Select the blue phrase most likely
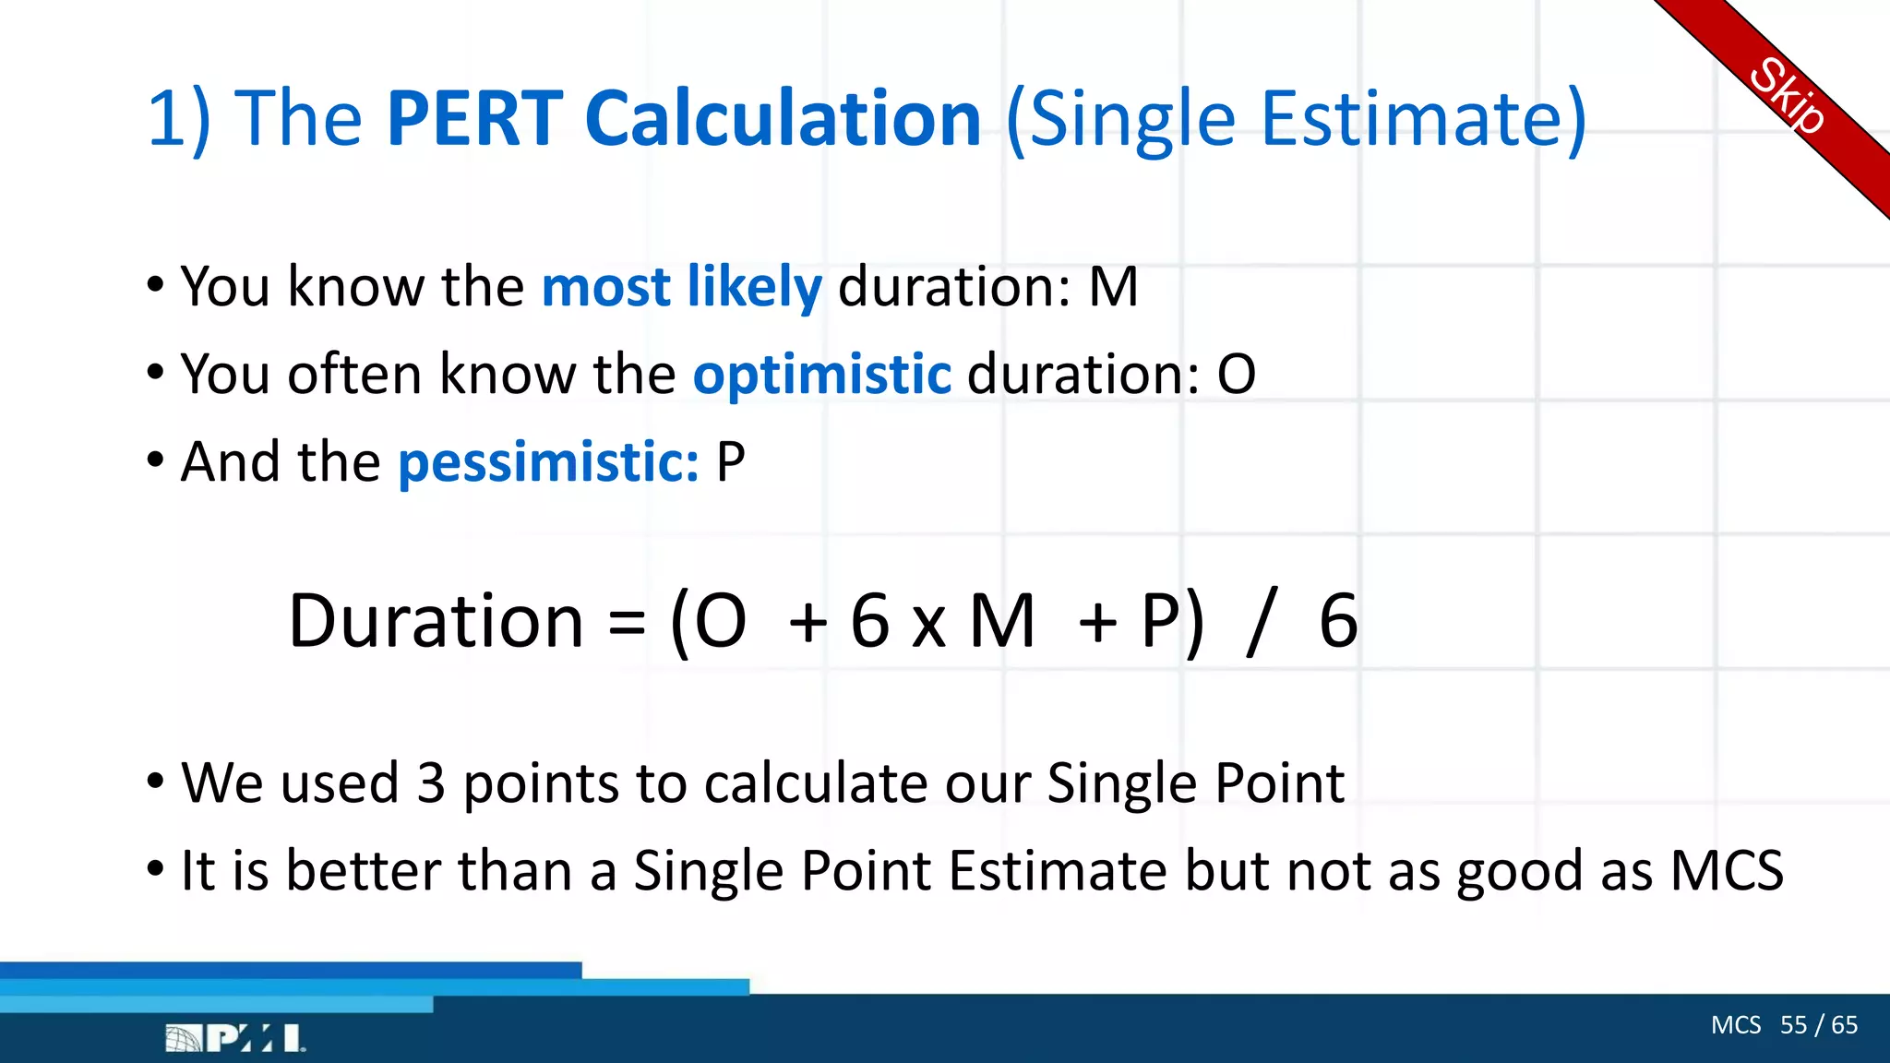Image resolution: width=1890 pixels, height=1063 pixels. coord(681,286)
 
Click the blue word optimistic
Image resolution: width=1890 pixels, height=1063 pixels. coord(821,374)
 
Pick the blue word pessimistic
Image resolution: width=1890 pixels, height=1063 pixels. coord(548,461)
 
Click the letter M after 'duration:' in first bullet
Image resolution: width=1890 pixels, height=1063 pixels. coord(1113,286)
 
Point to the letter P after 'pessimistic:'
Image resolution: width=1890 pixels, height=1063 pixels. coord(730,461)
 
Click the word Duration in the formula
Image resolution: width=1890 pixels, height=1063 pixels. coord(436,621)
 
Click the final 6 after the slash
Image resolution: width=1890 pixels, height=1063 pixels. coord(1338,621)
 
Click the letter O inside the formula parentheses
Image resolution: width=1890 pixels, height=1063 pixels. coord(720,621)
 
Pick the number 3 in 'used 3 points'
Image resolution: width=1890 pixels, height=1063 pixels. coord(431,782)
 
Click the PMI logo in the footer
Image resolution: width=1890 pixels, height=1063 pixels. coord(235,1038)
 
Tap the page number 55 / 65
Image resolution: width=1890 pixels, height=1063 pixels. coord(1818,1025)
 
